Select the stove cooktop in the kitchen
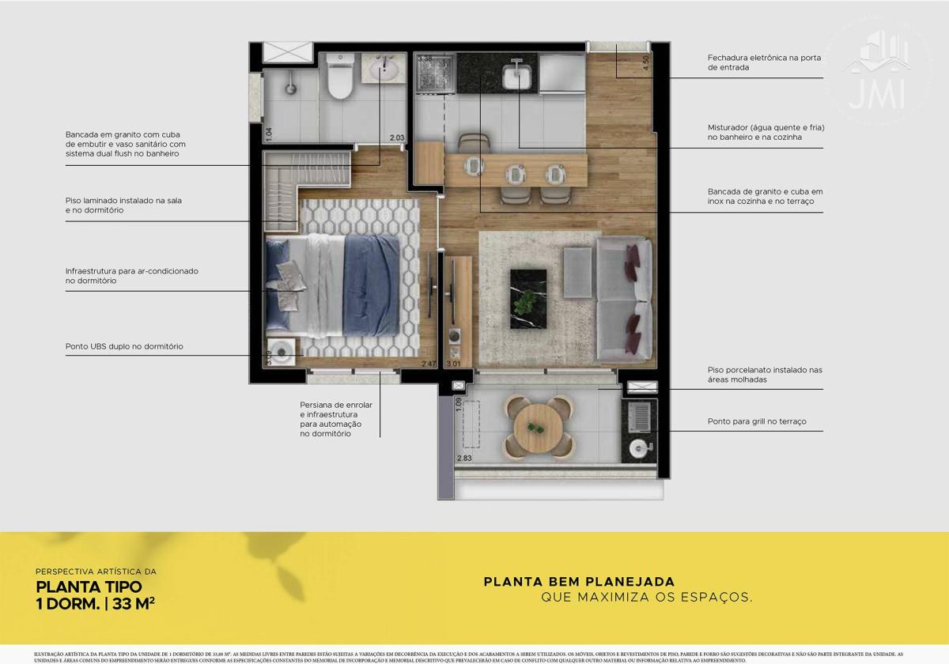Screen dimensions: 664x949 click(433, 75)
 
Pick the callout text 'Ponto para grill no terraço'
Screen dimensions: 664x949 click(756, 422)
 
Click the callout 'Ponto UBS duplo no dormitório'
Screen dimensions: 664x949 click(124, 346)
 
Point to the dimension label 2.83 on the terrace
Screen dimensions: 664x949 click(464, 457)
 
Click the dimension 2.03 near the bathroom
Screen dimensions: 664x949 click(396, 138)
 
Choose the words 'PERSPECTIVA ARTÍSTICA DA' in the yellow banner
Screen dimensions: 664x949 click(96, 571)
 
